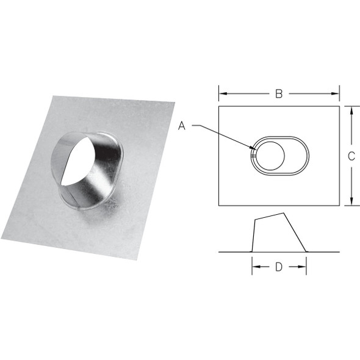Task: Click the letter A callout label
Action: [x=182, y=126]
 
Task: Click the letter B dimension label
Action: [x=278, y=93]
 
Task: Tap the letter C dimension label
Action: [x=351, y=156]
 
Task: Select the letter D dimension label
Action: [x=278, y=267]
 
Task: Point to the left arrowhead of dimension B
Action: [x=221, y=93]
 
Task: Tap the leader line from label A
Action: [x=220, y=134]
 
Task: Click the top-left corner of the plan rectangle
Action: [x=219, y=107]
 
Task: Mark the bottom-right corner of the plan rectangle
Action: [x=339, y=205]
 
